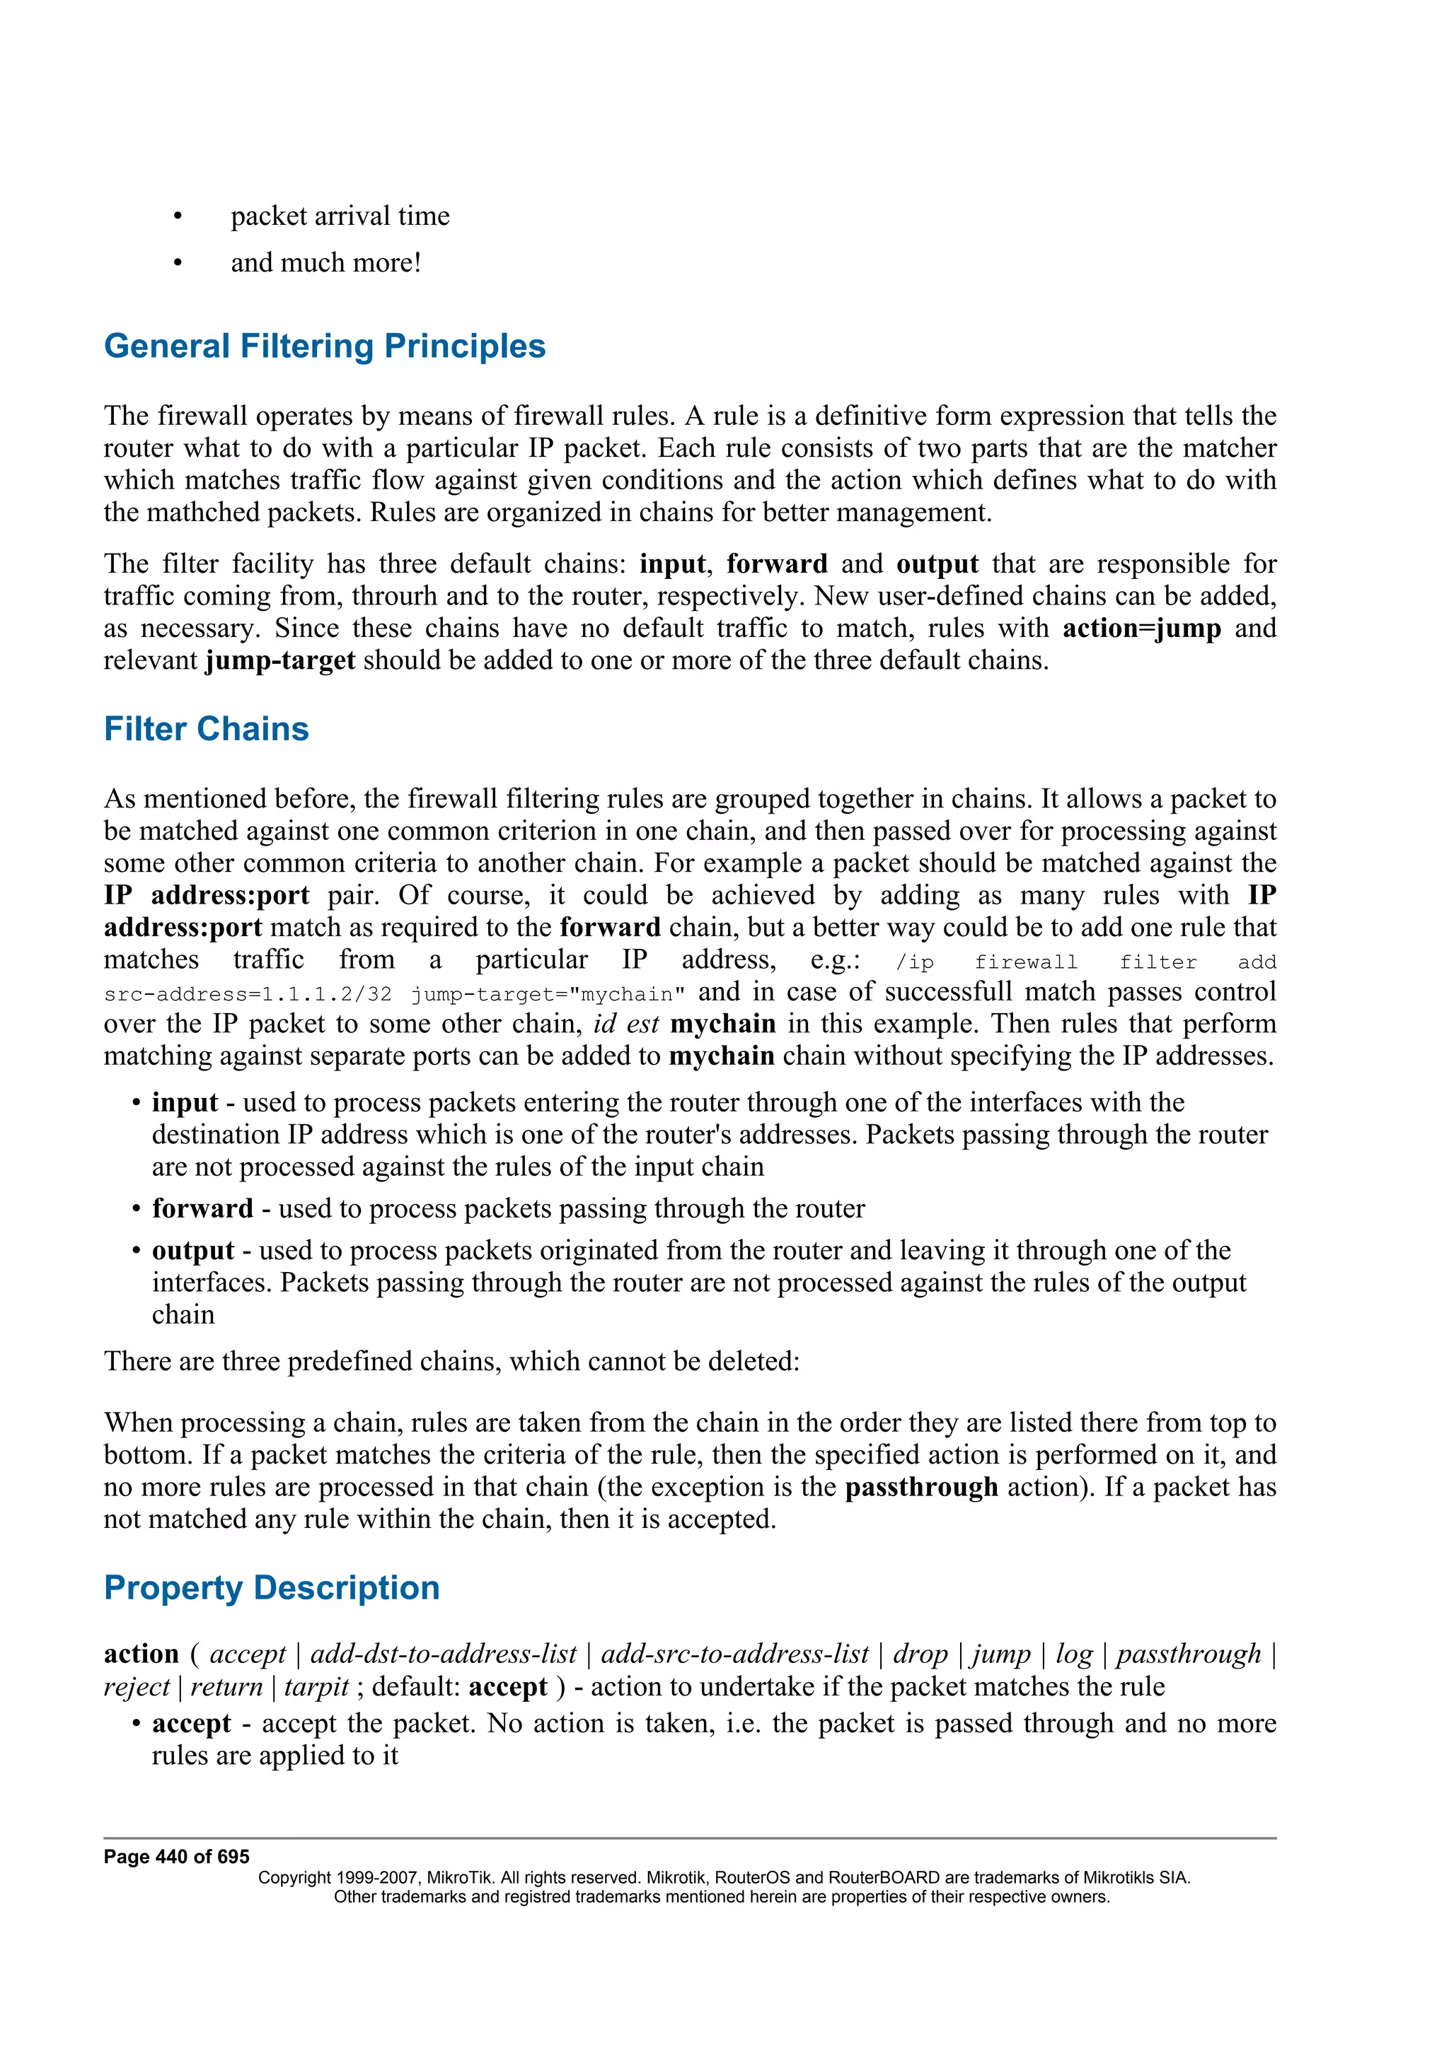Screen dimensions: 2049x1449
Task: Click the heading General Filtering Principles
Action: pos(324,346)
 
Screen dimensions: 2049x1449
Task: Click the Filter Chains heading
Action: pos(206,729)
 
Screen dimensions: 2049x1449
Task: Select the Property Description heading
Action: pos(272,1587)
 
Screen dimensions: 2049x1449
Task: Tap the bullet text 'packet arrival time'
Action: pos(340,216)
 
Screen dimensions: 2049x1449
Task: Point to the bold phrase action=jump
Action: pos(1141,629)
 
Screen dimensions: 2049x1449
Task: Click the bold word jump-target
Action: pos(279,660)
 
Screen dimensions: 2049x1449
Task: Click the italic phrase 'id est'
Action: pos(625,1024)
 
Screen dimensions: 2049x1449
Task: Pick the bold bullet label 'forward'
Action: pos(202,1208)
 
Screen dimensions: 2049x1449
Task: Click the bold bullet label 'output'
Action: pos(193,1250)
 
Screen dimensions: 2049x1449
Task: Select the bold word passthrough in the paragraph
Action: pos(920,1487)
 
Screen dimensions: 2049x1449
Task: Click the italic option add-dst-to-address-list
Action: pos(443,1654)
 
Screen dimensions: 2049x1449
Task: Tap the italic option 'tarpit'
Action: pos(316,1687)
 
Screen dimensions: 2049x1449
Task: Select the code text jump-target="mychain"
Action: pos(548,994)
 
